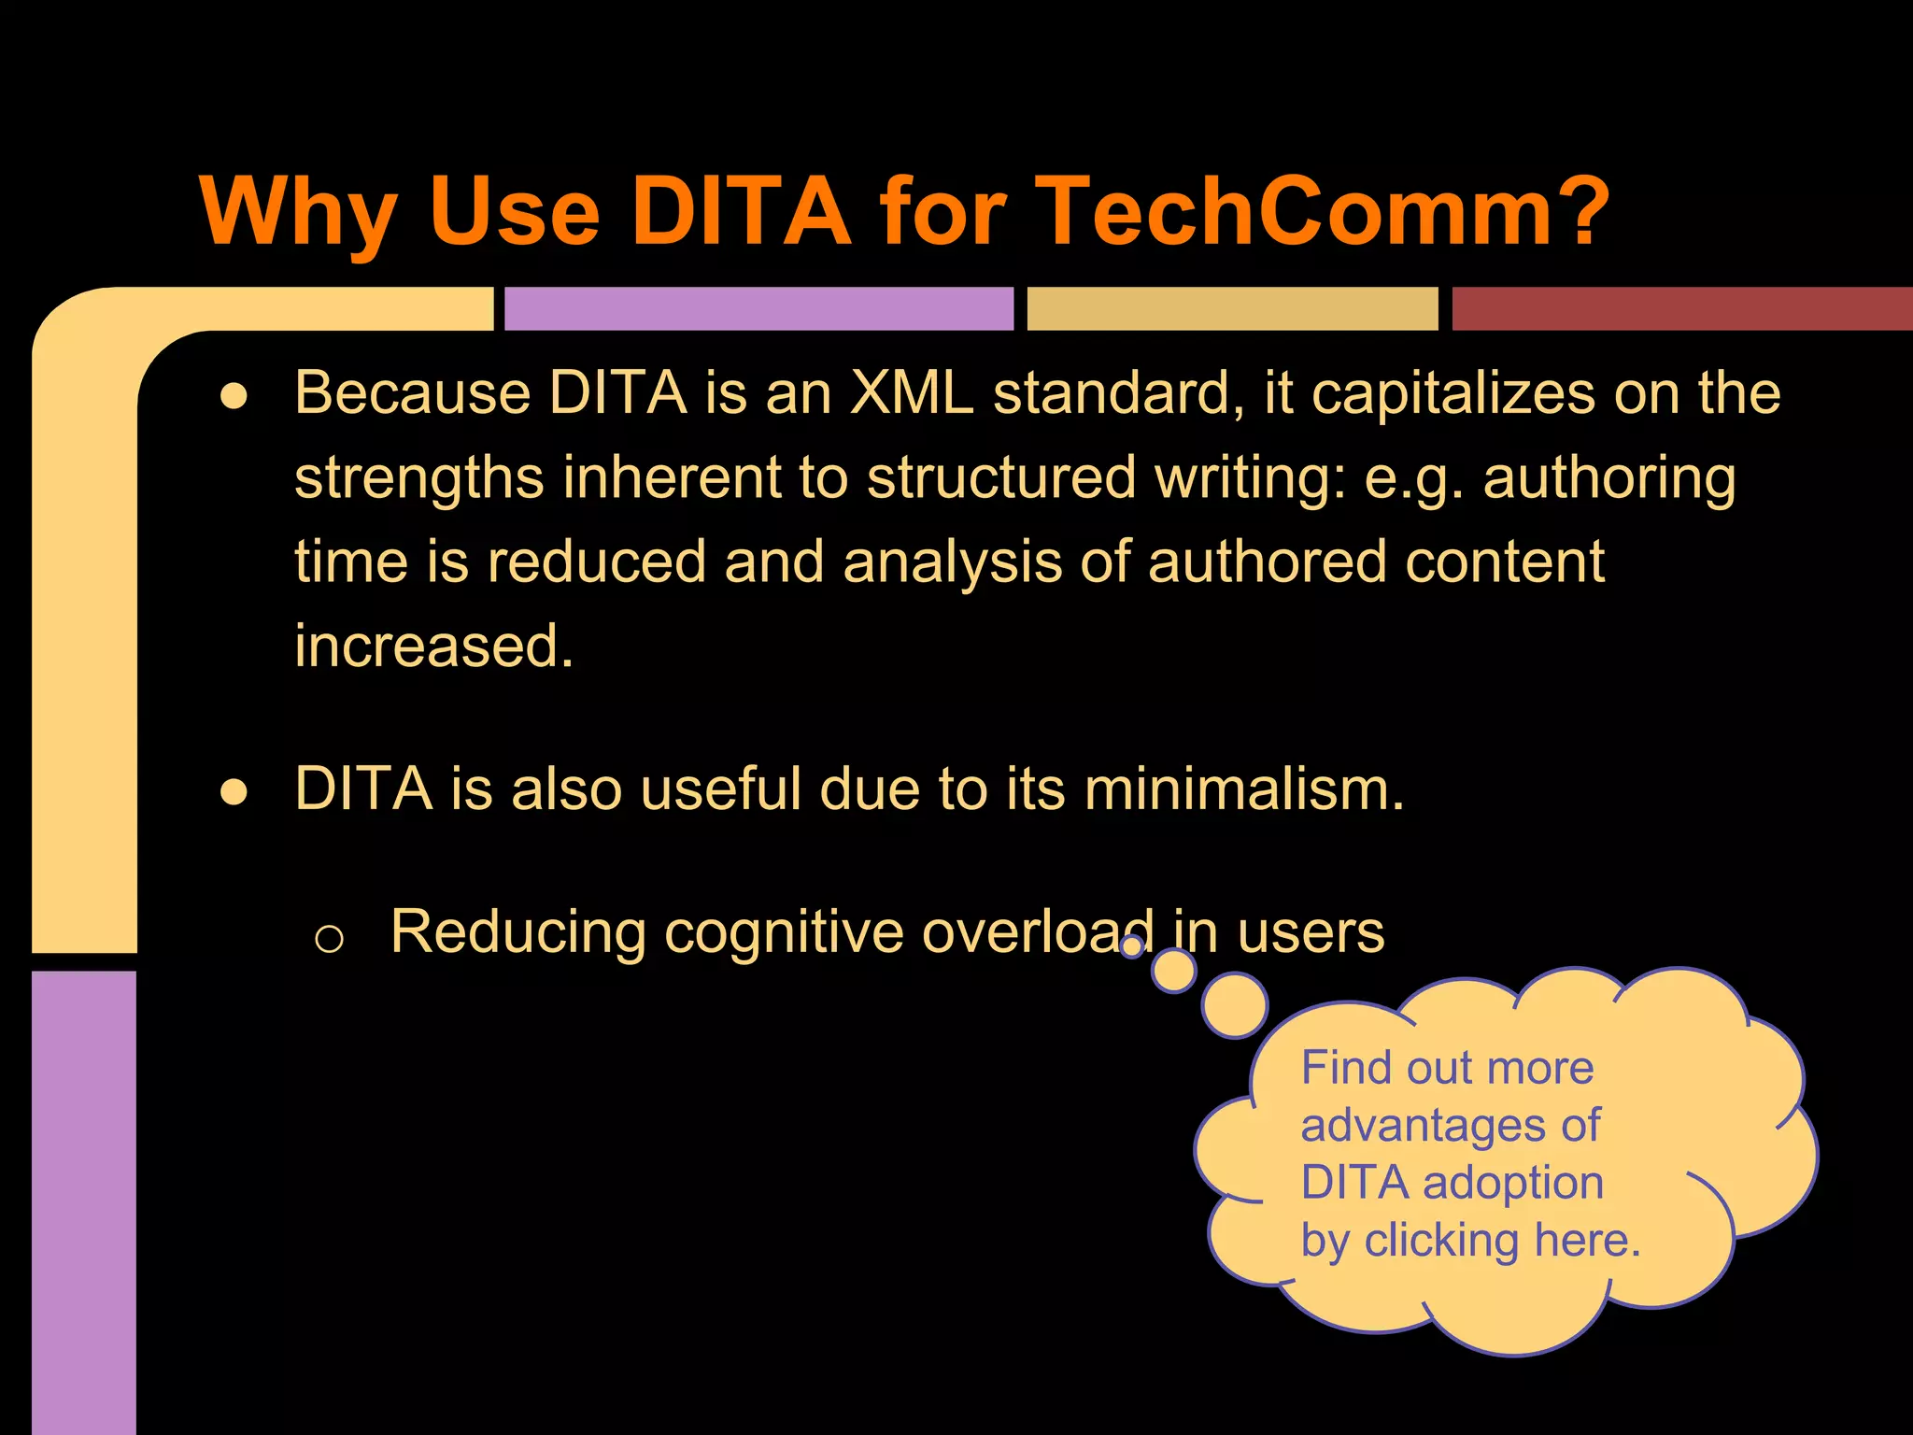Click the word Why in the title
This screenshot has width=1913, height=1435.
pos(300,212)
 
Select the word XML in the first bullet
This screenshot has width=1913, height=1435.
pos(912,392)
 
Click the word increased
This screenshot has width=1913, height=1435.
pos(433,646)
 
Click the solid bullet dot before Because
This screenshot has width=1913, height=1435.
pos(234,396)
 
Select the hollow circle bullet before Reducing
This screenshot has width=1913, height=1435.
pos(329,938)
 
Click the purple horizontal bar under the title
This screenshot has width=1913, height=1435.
pos(758,308)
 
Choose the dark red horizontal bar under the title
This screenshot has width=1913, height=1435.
pos(1681,308)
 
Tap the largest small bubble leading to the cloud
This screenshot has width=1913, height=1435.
pos(1234,1005)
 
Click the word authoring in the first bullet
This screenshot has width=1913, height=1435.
pos(1608,478)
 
